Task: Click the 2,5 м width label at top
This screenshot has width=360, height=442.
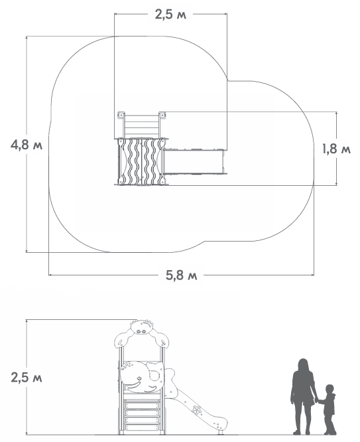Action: point(170,15)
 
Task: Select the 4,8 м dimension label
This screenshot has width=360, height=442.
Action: point(27,145)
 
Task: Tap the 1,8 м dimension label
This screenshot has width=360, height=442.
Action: point(336,149)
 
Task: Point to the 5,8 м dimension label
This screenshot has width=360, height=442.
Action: point(181,275)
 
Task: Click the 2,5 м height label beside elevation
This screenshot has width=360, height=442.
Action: point(27,377)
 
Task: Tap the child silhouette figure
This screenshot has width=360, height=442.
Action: point(328,409)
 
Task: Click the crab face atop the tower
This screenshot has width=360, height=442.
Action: point(142,328)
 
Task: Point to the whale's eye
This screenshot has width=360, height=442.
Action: point(139,378)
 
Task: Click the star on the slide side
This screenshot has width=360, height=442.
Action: point(197,409)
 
